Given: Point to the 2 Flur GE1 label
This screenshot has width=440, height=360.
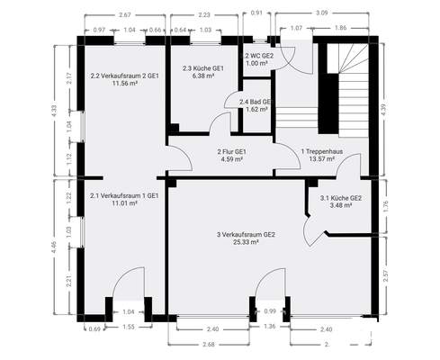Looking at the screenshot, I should click(x=232, y=151).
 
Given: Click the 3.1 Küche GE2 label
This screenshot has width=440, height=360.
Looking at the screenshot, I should click(x=341, y=198).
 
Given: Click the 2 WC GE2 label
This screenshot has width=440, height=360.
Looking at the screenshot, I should click(x=259, y=56).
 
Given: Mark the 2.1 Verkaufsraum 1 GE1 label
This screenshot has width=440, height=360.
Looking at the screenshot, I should click(x=124, y=194).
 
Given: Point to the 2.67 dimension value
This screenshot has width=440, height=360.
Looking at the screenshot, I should click(x=124, y=15).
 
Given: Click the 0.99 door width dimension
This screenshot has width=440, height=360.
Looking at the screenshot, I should click(x=270, y=311).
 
